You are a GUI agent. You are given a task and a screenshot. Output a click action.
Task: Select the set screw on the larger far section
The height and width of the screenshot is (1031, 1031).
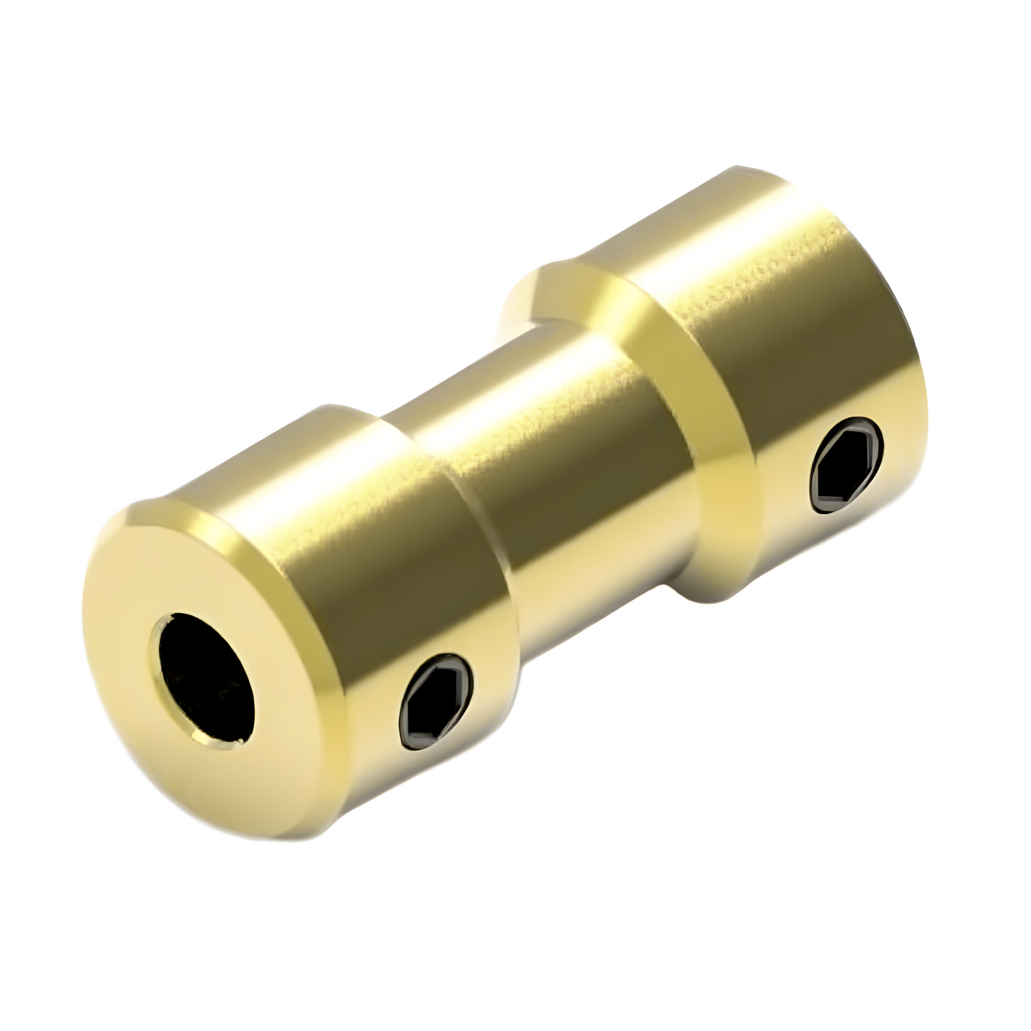pyautogui.click(x=847, y=465)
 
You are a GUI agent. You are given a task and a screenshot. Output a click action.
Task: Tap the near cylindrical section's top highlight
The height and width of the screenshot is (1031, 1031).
pyautogui.click(x=305, y=465)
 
